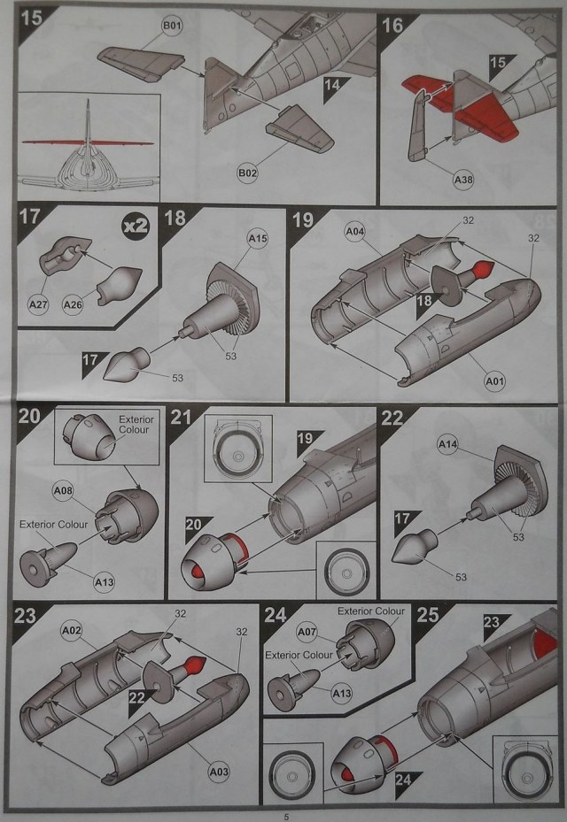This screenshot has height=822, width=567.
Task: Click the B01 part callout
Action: click(x=172, y=27)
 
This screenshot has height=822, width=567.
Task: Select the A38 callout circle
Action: click(x=463, y=181)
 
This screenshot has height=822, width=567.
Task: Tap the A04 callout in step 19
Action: click(x=355, y=234)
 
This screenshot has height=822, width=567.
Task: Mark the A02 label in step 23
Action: click(x=73, y=630)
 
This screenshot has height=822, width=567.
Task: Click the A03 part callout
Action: click(x=219, y=772)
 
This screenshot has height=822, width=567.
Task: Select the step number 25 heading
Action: click(x=430, y=615)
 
